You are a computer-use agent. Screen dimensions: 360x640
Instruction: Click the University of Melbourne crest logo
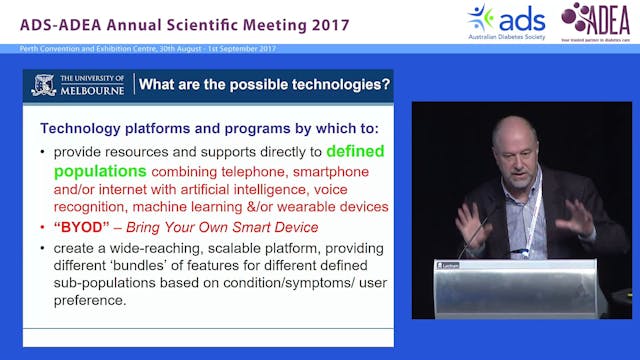[43, 85]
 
